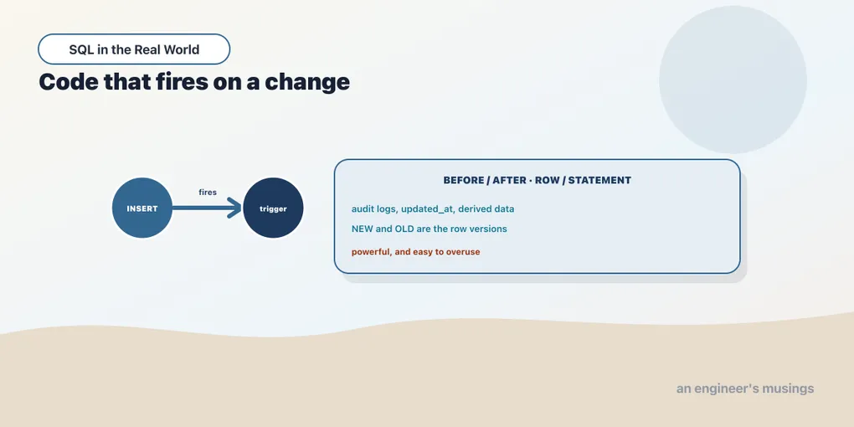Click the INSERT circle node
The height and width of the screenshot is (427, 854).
[x=142, y=208]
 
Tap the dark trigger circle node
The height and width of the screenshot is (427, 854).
[x=273, y=208]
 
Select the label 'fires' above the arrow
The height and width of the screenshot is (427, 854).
[x=208, y=193]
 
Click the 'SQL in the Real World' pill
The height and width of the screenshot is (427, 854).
[x=134, y=49]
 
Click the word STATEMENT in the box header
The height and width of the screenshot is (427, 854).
[x=599, y=180]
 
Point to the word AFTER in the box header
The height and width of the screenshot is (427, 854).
[x=509, y=180]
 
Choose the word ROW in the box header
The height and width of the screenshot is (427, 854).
[x=547, y=180]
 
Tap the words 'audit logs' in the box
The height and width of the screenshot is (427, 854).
[x=374, y=209]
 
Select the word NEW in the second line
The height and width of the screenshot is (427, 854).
[x=363, y=229]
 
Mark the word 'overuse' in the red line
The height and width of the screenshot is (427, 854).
[x=463, y=252]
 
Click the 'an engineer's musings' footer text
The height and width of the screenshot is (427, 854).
[x=745, y=388]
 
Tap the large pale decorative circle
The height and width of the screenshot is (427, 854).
[x=733, y=80]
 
